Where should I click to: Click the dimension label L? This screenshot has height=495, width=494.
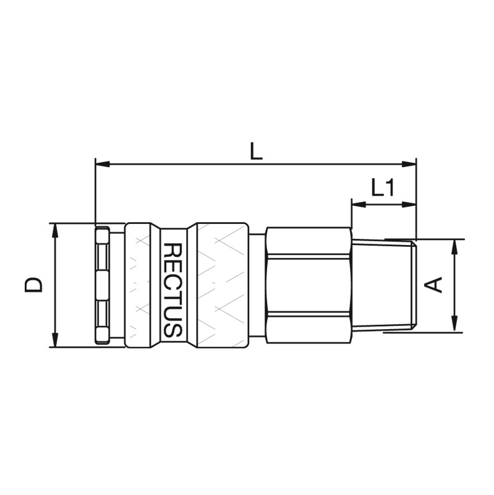pyautogui.click(x=256, y=151)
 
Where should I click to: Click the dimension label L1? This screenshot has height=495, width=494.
pyautogui.click(x=382, y=187)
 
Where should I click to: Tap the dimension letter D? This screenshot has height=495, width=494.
pyautogui.click(x=33, y=285)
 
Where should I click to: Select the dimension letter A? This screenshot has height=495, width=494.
pyautogui.click(x=433, y=285)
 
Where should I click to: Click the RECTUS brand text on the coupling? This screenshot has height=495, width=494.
pyautogui.click(x=173, y=290)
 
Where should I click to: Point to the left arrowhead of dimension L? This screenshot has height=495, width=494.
pyautogui.click(x=102, y=164)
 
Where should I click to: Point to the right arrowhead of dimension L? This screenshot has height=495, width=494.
pyautogui.click(x=409, y=164)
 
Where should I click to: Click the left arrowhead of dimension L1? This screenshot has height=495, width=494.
pyautogui.click(x=359, y=205)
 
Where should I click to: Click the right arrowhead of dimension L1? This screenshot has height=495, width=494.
pyautogui.click(x=409, y=205)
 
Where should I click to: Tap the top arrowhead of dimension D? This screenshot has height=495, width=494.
pyautogui.click(x=55, y=231)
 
